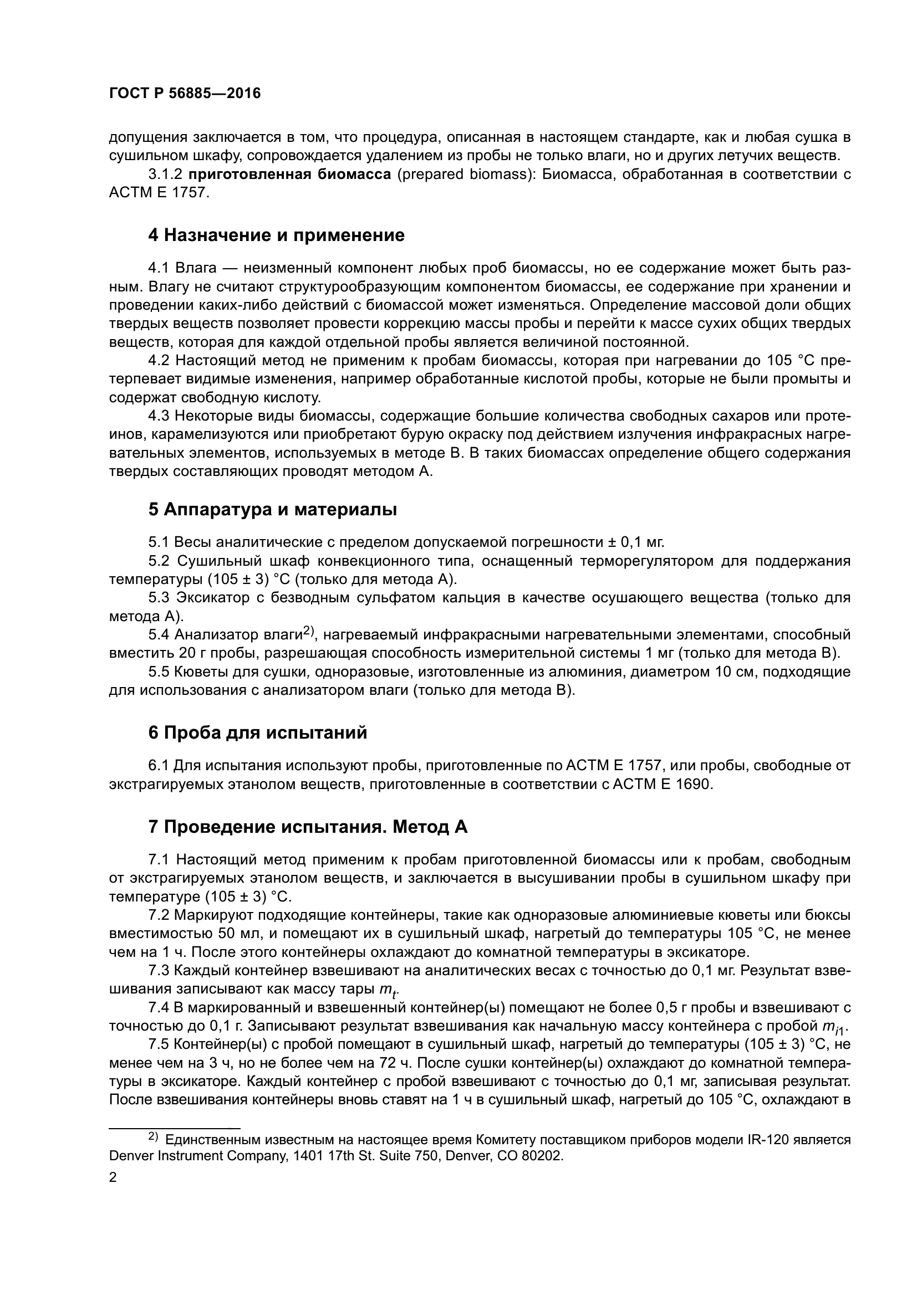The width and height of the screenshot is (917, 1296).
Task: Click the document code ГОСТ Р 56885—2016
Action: tap(185, 94)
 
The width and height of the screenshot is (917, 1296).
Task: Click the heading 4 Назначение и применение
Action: tap(276, 235)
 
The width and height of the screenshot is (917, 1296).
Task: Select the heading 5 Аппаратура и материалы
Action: tap(272, 510)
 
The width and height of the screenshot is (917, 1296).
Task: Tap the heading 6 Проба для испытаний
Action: tap(257, 732)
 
